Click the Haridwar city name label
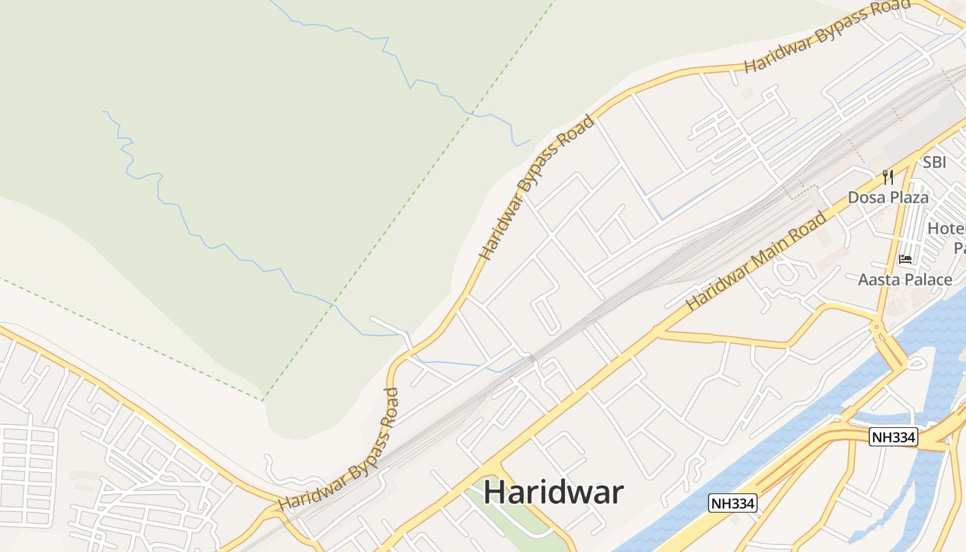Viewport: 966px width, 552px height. click(553, 493)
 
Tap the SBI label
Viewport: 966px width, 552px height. click(935, 163)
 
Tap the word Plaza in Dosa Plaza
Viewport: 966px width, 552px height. click(908, 197)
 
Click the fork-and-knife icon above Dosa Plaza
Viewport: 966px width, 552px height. click(888, 177)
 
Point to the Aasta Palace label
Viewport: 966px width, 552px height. click(905, 279)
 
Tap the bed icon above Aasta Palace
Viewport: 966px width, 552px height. click(905, 259)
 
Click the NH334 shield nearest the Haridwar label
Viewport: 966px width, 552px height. click(733, 504)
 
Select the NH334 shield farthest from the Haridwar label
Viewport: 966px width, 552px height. click(893, 437)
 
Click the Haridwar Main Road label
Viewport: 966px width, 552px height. click(756, 262)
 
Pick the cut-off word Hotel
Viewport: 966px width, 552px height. click(946, 228)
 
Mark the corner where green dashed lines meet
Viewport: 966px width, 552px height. click(264, 400)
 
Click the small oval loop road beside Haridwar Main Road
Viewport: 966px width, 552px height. click(787, 269)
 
